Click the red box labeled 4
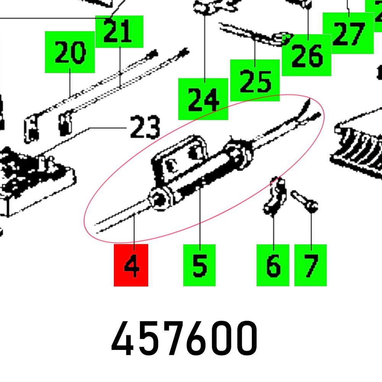coord(131,265)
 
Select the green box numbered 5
coord(199,265)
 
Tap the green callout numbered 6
coord(273,265)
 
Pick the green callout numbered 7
coord(310,265)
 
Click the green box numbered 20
coord(70,52)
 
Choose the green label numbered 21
coord(119,32)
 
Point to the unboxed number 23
coord(145,127)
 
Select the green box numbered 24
coord(203,99)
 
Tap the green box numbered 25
coord(255,80)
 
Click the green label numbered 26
coord(306,55)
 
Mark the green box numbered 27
coord(348,33)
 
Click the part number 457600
coord(184,338)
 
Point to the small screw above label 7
coord(304,201)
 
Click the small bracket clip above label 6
coord(275,196)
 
